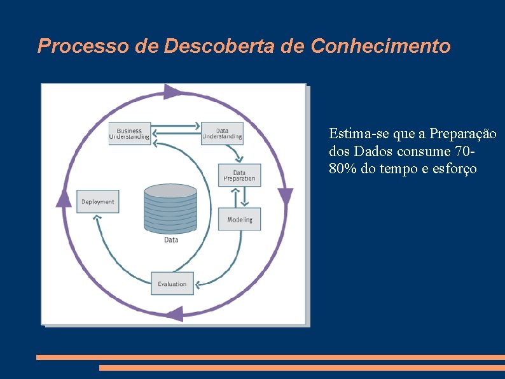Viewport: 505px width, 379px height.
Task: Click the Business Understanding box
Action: pyautogui.click(x=130, y=134)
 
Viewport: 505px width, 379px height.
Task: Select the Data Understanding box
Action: pyautogui.click(x=222, y=134)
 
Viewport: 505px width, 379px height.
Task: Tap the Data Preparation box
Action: pyautogui.click(x=239, y=176)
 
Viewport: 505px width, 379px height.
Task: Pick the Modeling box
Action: pyautogui.click(x=240, y=219)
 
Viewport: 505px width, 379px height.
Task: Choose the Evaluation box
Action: pyautogui.click(x=172, y=283)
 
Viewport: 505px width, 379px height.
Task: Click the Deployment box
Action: pyautogui.click(x=98, y=202)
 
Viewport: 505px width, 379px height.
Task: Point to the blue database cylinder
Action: pyautogui.click(x=170, y=208)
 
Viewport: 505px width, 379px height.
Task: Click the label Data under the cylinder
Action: pyautogui.click(x=171, y=240)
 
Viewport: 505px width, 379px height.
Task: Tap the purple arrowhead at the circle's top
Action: pyautogui.click(x=172, y=92)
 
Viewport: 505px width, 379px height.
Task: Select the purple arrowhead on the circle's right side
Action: pyautogui.click(x=286, y=197)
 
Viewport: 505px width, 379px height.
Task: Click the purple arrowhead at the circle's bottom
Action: pyautogui.click(x=174, y=313)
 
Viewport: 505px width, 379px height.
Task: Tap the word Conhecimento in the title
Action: pyautogui.click(x=381, y=46)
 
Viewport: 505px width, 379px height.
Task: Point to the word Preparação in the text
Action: pyautogui.click(x=463, y=134)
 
